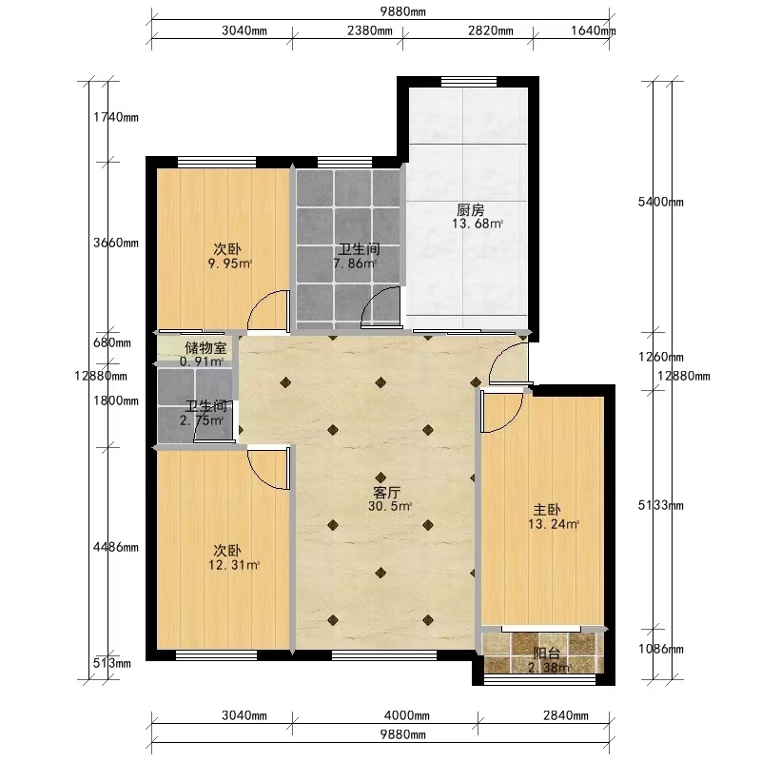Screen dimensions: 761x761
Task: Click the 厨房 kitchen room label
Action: click(x=470, y=210)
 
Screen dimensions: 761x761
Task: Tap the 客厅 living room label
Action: click(x=387, y=493)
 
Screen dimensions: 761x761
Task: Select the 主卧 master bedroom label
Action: click(x=547, y=510)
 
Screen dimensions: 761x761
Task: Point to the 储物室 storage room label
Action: click(x=205, y=347)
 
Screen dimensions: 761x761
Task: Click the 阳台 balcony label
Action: click(x=546, y=654)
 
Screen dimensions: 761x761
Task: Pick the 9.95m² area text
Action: click(x=230, y=264)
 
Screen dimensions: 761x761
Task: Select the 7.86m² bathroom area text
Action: click(x=355, y=264)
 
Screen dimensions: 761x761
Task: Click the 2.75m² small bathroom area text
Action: click(x=202, y=420)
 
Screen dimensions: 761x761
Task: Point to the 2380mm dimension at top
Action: click(x=370, y=30)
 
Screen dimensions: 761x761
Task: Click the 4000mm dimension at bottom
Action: click(x=407, y=715)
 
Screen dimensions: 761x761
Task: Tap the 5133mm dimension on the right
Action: click(x=660, y=505)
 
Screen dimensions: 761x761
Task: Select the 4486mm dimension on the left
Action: click(x=116, y=548)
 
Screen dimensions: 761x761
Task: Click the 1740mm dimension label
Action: click(x=116, y=117)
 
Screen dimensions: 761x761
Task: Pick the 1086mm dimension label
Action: click(x=660, y=649)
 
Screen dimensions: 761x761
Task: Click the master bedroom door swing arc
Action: click(x=510, y=422)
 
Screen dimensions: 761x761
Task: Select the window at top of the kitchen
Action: click(x=469, y=82)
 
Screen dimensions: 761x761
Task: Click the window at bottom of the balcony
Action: click(x=539, y=679)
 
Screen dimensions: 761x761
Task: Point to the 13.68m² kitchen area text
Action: click(x=478, y=224)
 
